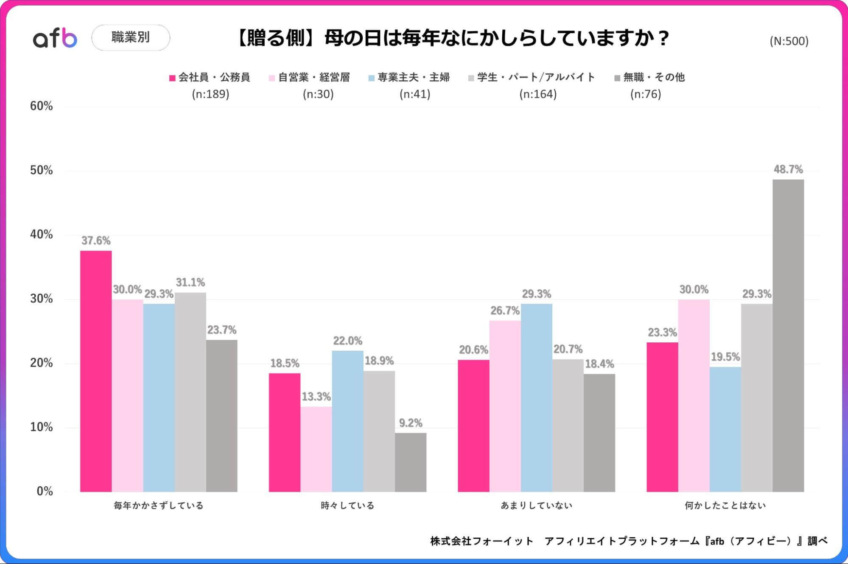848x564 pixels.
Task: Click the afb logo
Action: pos(55,38)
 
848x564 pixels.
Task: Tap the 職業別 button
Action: pos(131,37)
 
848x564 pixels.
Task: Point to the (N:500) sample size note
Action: pos(789,41)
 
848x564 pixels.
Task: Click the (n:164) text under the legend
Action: pos(537,94)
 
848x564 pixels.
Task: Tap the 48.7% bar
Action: pos(788,336)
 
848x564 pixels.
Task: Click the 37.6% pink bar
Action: pos(96,371)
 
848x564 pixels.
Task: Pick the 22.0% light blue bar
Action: pos(347,421)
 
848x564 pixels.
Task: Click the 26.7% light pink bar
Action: pos(505,406)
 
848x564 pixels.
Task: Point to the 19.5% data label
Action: pos(725,357)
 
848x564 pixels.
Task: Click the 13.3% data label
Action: pos(316,397)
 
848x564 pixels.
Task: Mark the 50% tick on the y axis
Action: pos(41,170)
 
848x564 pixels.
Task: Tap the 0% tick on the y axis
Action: pos(45,491)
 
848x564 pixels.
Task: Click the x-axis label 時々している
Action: pos(347,505)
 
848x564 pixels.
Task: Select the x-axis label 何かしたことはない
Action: pos(725,505)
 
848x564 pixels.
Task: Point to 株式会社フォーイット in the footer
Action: pos(481,541)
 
